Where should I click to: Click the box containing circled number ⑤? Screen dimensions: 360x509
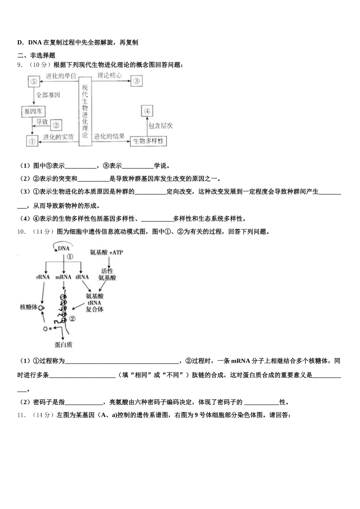pos(34,81)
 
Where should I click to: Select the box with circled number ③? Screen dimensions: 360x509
pos(136,80)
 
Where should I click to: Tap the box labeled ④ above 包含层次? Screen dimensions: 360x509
pos(147,111)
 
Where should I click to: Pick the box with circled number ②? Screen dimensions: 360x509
pos(56,125)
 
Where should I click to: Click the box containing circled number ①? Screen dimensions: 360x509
pos(32,141)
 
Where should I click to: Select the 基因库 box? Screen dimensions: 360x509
pos(33,111)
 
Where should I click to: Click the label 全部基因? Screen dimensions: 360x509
pos(48,95)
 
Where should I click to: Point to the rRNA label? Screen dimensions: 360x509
pos(43,277)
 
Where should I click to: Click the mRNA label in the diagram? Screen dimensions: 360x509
pos(63,277)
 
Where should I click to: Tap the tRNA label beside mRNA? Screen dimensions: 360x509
pos(82,277)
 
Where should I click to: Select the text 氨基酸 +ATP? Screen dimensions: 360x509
pos(106,252)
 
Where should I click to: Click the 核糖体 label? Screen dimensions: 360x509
pos(29,307)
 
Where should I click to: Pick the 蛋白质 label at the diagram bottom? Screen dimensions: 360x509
pos(63,345)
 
